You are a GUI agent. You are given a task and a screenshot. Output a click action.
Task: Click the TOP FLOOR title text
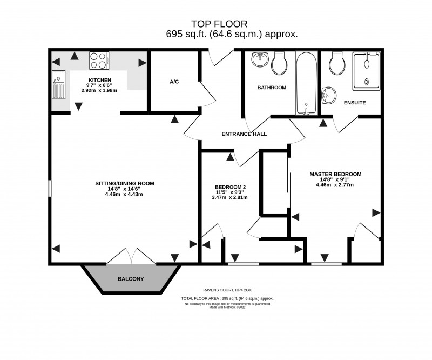tap(219, 24)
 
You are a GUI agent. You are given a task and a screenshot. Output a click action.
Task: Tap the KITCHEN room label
tap(100, 81)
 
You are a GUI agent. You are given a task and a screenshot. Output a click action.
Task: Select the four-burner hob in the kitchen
tap(99, 60)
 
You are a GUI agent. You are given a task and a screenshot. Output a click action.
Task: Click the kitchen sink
tap(58, 84)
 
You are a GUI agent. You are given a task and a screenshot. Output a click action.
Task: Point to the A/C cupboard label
tap(174, 82)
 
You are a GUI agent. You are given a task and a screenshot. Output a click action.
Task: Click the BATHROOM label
tap(271, 87)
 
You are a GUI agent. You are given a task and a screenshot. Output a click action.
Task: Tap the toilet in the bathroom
tap(279, 63)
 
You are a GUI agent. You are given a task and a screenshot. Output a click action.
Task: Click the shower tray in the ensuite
tap(367, 71)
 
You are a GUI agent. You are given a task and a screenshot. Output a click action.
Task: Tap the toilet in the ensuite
tap(338, 64)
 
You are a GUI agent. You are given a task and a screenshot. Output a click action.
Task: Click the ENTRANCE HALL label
tap(244, 134)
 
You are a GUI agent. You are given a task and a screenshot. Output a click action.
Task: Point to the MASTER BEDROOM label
tap(335, 174)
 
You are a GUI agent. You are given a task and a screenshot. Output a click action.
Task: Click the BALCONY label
tap(131, 279)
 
